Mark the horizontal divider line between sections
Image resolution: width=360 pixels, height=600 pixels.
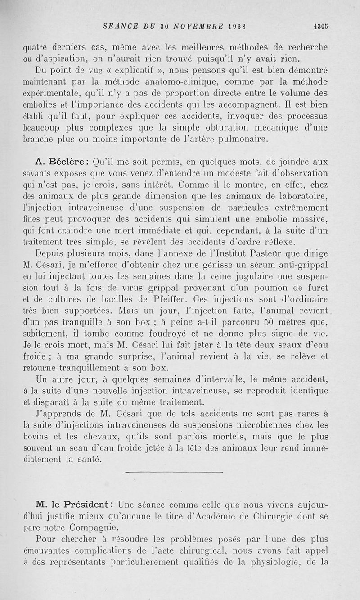174,472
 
